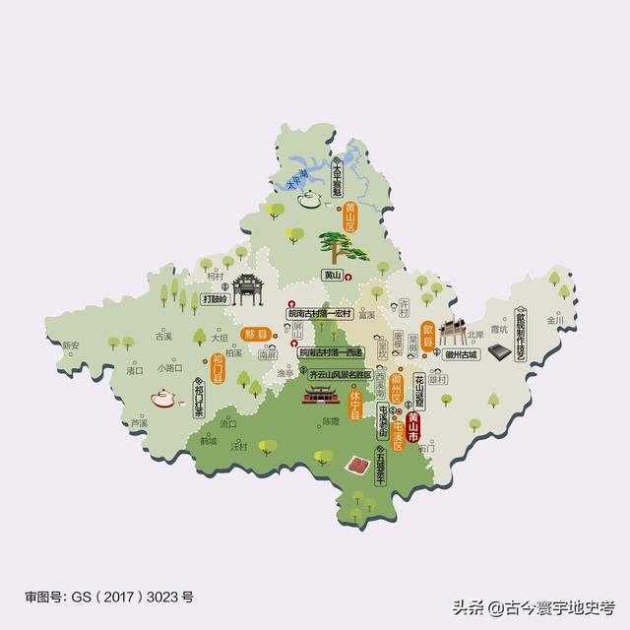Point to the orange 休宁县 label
(355, 404)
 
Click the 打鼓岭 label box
(215, 298)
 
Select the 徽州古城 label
(460, 353)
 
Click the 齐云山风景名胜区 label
(344, 375)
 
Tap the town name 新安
(70, 346)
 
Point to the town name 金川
(554, 320)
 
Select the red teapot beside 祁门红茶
(163, 399)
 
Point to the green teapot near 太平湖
(311, 201)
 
